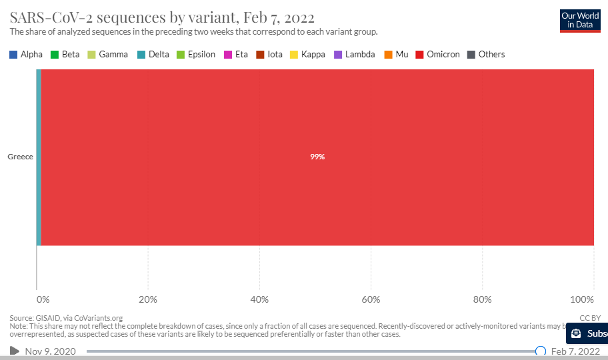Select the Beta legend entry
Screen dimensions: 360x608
65,55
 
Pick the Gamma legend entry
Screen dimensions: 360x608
108,55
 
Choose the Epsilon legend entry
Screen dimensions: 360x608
196,55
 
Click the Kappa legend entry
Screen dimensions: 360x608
308,55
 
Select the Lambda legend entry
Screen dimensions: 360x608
354,55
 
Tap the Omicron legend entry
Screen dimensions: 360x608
438,55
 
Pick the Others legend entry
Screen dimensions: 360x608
487,55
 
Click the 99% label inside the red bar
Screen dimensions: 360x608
317,157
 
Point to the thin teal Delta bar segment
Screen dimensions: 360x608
39,157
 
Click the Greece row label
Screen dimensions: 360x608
20,157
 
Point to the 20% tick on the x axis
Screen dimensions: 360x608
147,298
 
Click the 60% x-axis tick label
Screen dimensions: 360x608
371,298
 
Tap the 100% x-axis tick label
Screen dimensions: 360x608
583,298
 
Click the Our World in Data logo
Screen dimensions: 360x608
579,20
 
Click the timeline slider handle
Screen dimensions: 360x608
541,351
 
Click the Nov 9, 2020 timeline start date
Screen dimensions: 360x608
50,351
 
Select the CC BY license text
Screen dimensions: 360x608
589,318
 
